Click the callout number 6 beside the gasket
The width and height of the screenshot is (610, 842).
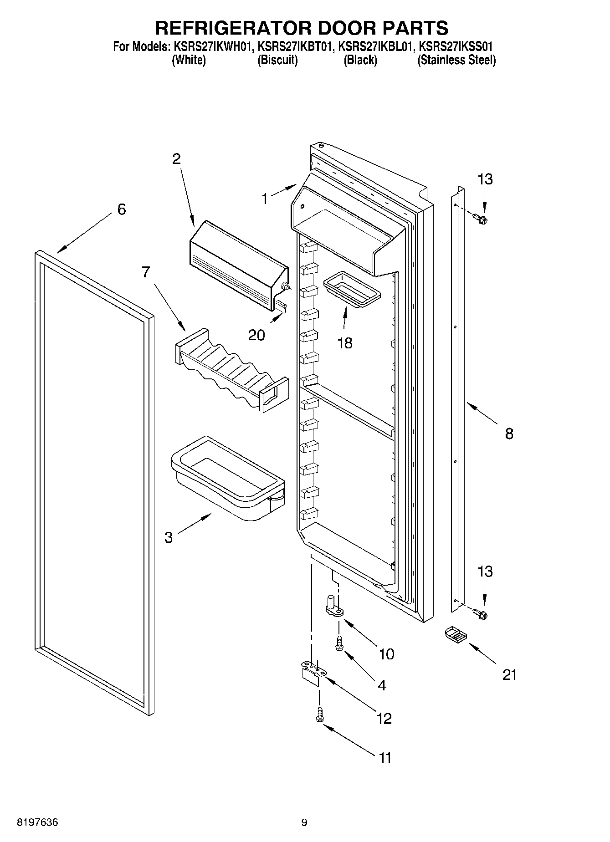121,209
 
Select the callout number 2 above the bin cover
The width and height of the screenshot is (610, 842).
176,159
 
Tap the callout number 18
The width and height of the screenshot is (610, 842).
345,343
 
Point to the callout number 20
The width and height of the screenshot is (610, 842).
256,335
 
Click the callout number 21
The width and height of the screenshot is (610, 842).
509,674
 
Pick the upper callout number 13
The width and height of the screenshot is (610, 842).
485,179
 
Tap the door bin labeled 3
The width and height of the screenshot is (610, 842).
227,478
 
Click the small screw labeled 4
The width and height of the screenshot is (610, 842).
339,643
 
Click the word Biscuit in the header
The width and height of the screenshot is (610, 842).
277,60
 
